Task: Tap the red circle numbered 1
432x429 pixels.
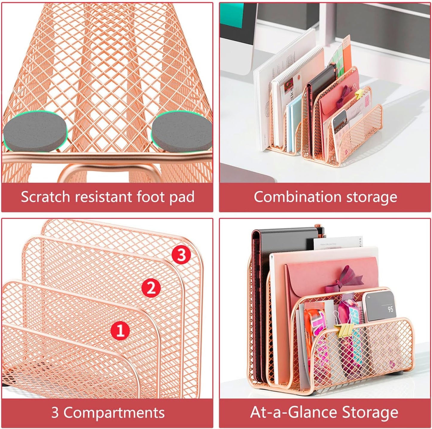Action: (x=120, y=331)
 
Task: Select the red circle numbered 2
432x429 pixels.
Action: (x=151, y=288)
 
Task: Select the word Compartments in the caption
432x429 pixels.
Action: (x=114, y=413)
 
